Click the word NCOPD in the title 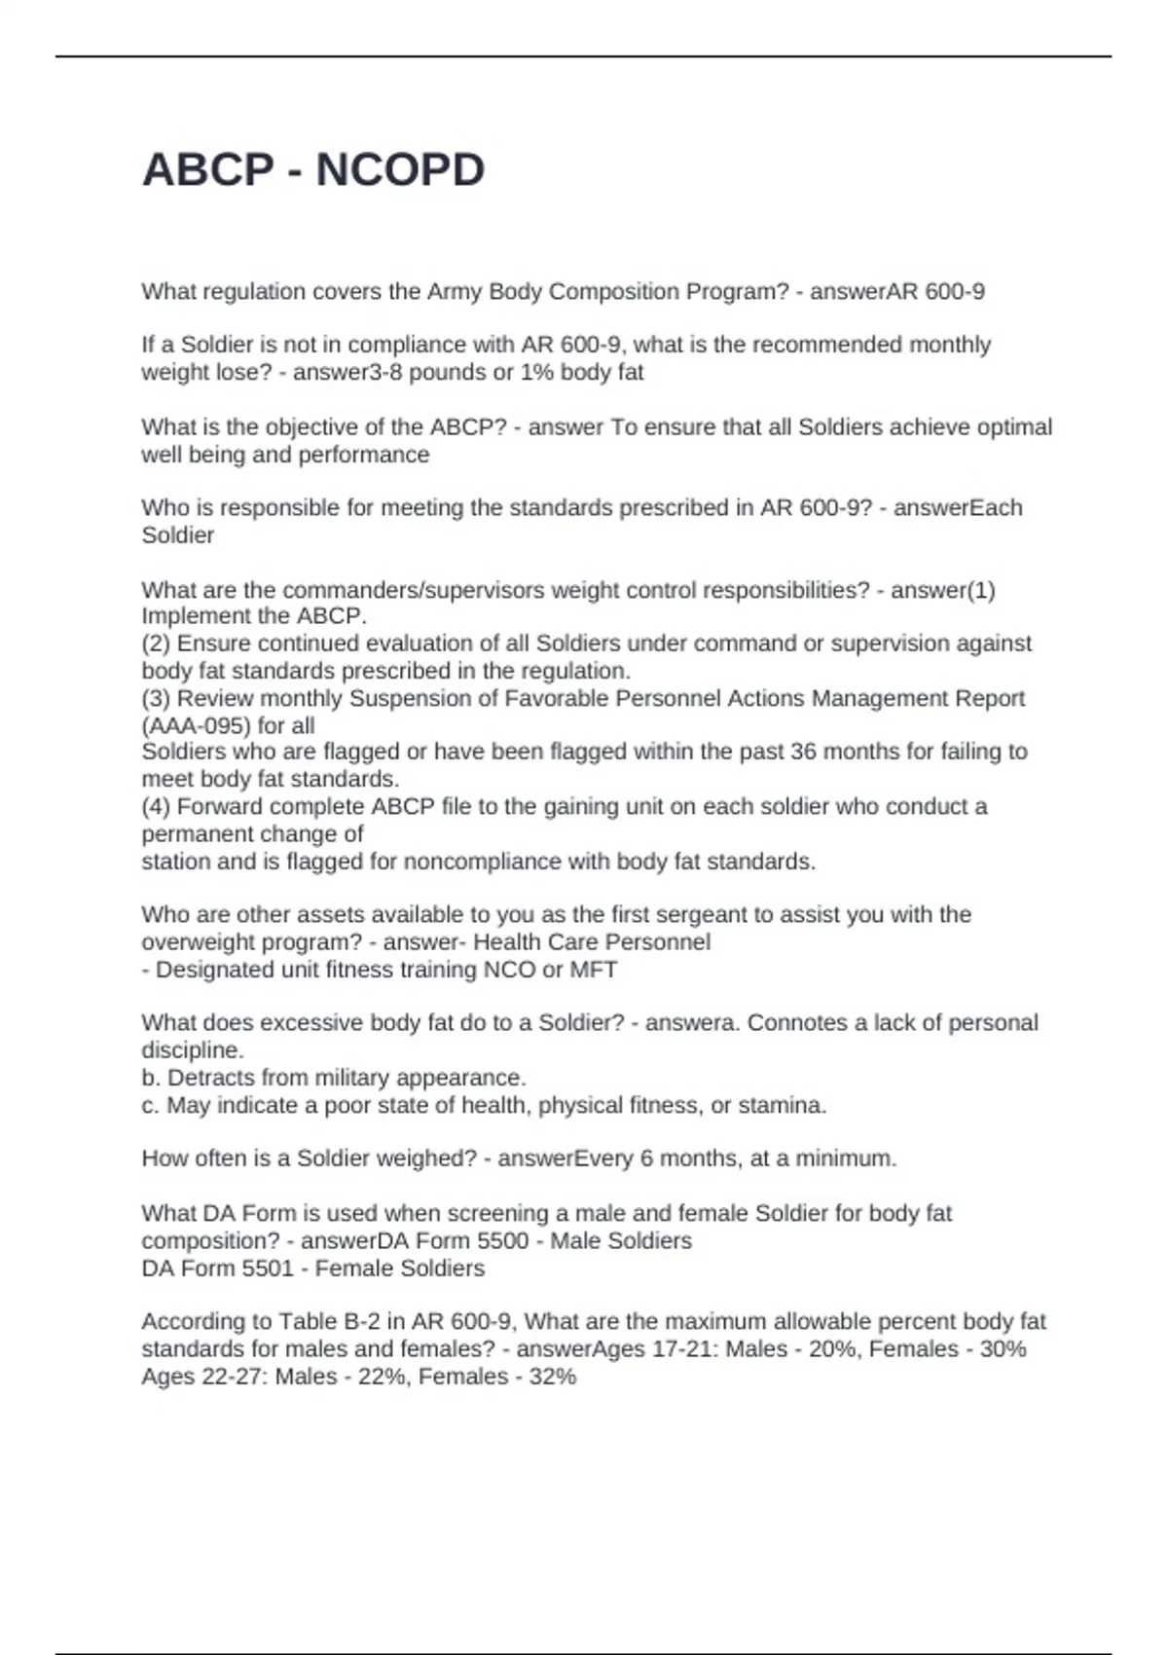pyautogui.click(x=400, y=170)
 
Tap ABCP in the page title pyautogui.click(x=207, y=170)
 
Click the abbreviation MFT pyautogui.click(x=593, y=970)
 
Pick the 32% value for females pyautogui.click(x=553, y=1377)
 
